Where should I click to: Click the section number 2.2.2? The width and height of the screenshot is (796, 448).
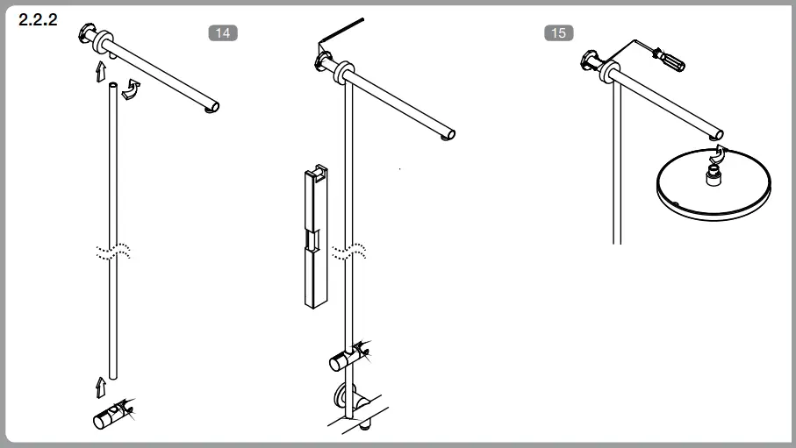point(38,20)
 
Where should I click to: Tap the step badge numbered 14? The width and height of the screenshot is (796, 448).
point(223,33)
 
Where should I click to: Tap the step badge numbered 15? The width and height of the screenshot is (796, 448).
point(558,33)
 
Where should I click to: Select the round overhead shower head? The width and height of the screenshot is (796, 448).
point(714,181)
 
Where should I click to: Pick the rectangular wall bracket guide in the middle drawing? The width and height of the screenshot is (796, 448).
point(315,237)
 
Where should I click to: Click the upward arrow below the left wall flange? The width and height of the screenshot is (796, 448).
point(102,69)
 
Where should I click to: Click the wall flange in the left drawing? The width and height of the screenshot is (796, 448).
point(89,35)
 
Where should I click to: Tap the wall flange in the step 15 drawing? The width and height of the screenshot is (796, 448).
point(593,61)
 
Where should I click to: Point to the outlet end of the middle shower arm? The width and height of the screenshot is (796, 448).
point(449,135)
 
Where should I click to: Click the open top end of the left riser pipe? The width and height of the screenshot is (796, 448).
point(112,86)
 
